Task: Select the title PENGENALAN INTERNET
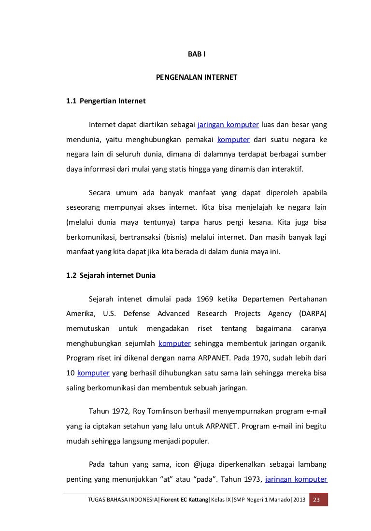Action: [x=196, y=77]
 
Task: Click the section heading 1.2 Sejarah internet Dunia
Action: [x=111, y=276]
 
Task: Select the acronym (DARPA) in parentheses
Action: [x=313, y=314]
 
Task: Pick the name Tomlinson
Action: [x=158, y=412]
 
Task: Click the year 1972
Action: [x=120, y=412]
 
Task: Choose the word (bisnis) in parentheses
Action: [x=177, y=237]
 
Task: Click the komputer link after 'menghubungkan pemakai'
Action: [x=233, y=141]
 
